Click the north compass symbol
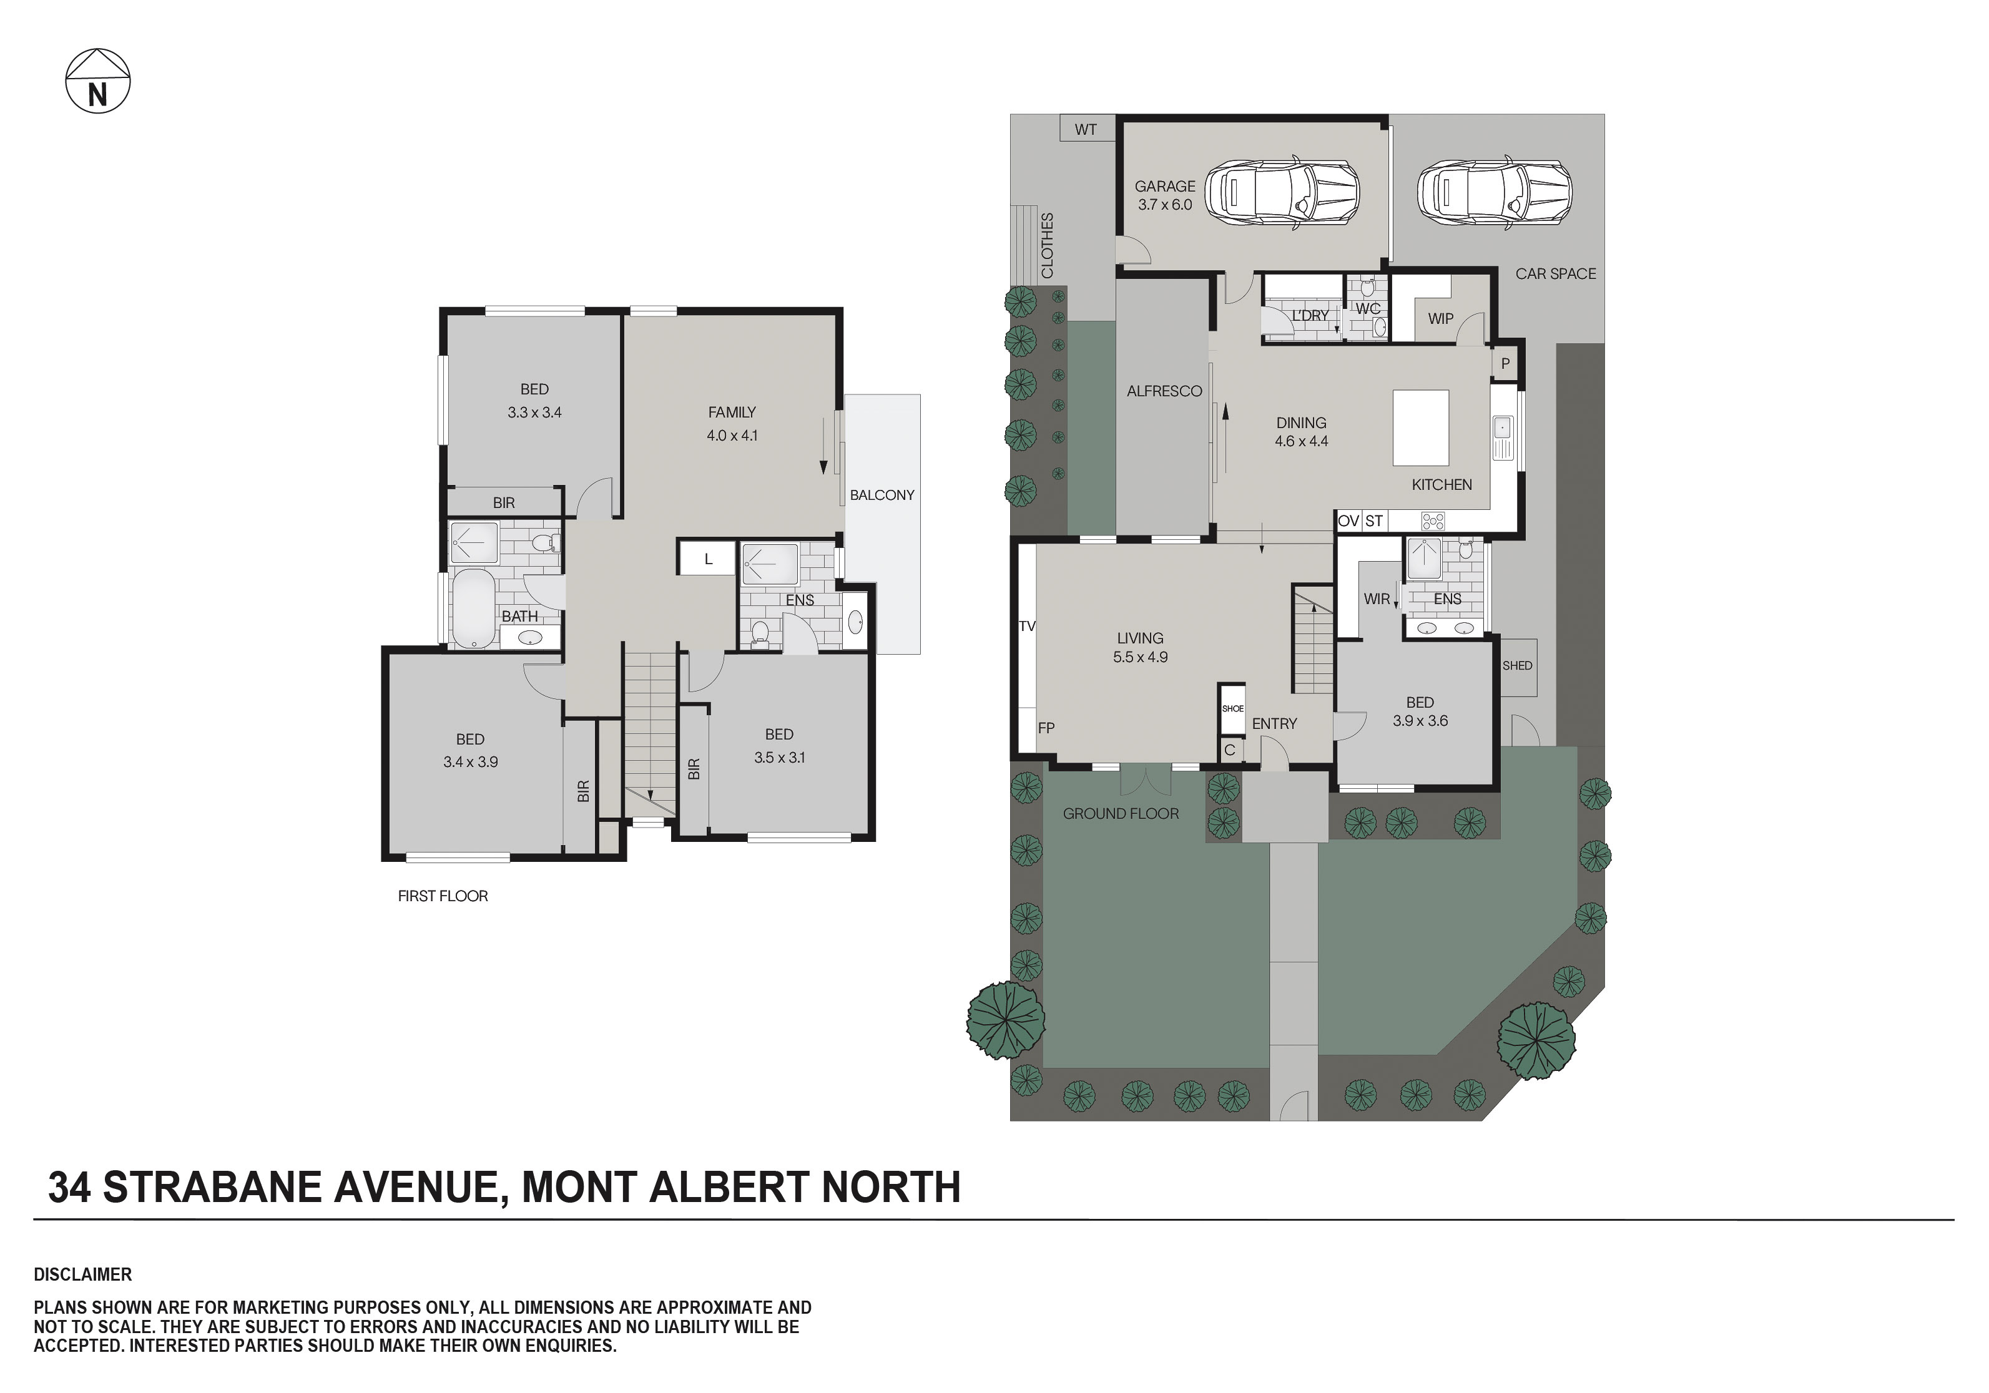click(98, 81)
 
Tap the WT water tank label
click(1086, 130)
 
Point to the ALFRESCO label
click(1164, 391)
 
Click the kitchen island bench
click(1420, 428)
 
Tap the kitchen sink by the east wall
click(1502, 427)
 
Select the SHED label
click(1517, 665)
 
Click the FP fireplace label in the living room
click(1046, 728)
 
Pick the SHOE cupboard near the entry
click(1232, 708)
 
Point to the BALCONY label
click(882, 495)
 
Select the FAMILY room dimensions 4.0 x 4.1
click(732, 436)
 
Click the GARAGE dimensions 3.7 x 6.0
click(1164, 205)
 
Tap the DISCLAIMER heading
click(83, 1274)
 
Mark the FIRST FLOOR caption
click(443, 896)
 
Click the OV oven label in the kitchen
click(1348, 521)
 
